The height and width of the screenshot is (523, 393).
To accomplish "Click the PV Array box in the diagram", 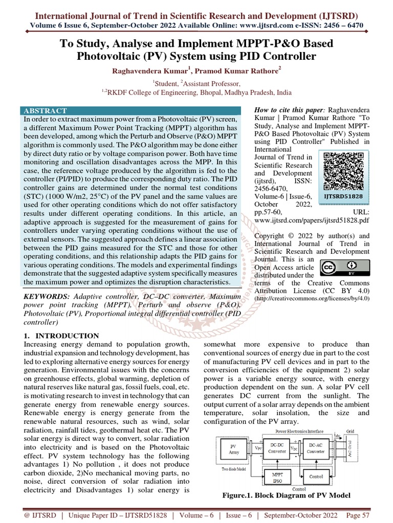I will pyautogui.click(x=233, y=449).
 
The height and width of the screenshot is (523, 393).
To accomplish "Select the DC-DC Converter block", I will pyautogui.click(x=277, y=448).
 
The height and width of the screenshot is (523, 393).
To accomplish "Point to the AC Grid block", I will pyautogui.click(x=350, y=448).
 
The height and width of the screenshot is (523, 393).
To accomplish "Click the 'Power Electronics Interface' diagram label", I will pyautogui.click(x=290, y=432).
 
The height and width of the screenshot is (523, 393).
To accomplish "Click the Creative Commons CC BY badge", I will pyautogui.click(x=338, y=268).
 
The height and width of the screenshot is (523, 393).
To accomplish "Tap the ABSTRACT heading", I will pyautogui.click(x=45, y=110).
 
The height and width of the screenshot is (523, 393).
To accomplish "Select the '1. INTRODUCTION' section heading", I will pyautogui.click(x=62, y=336).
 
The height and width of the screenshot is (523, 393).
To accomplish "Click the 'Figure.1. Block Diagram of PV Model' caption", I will pyautogui.click(x=286, y=495).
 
